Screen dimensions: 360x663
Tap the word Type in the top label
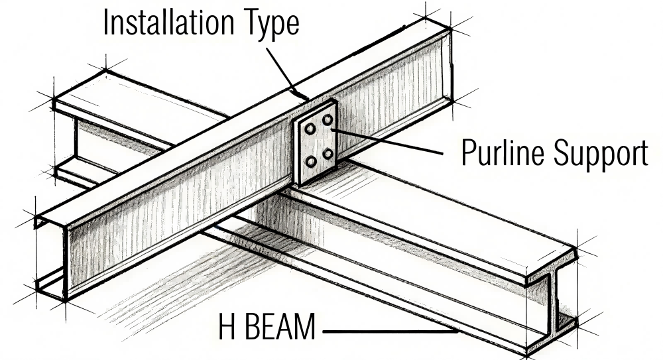pos(270,25)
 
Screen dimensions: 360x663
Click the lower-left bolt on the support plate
pos(310,162)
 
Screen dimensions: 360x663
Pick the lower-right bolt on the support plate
pos(328,154)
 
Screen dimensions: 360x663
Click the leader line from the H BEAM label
pos(391,330)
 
